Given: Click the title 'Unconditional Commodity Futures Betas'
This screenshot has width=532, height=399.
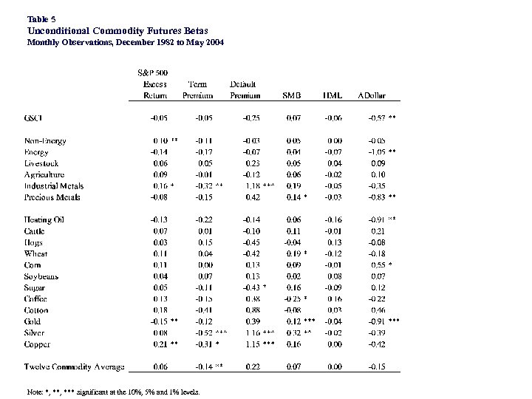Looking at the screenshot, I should click(x=117, y=30).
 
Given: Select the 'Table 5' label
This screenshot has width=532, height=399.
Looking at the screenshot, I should click(x=41, y=18).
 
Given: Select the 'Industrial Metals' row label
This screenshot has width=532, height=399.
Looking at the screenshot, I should click(x=54, y=186).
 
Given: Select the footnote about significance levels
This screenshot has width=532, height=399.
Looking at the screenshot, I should click(x=112, y=392).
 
